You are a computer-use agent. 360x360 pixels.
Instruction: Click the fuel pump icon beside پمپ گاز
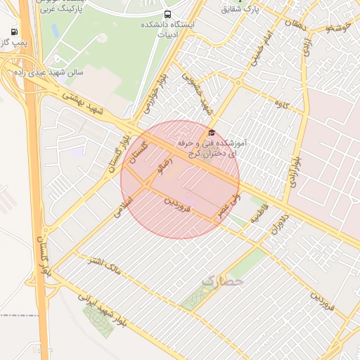tap(15, 32)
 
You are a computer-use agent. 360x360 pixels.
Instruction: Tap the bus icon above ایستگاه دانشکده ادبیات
tap(167, 14)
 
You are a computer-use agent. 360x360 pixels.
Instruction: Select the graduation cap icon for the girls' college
tap(211, 133)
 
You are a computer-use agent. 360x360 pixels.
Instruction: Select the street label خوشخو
tap(338, 28)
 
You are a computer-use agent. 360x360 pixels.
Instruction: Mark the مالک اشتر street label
tap(102, 265)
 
